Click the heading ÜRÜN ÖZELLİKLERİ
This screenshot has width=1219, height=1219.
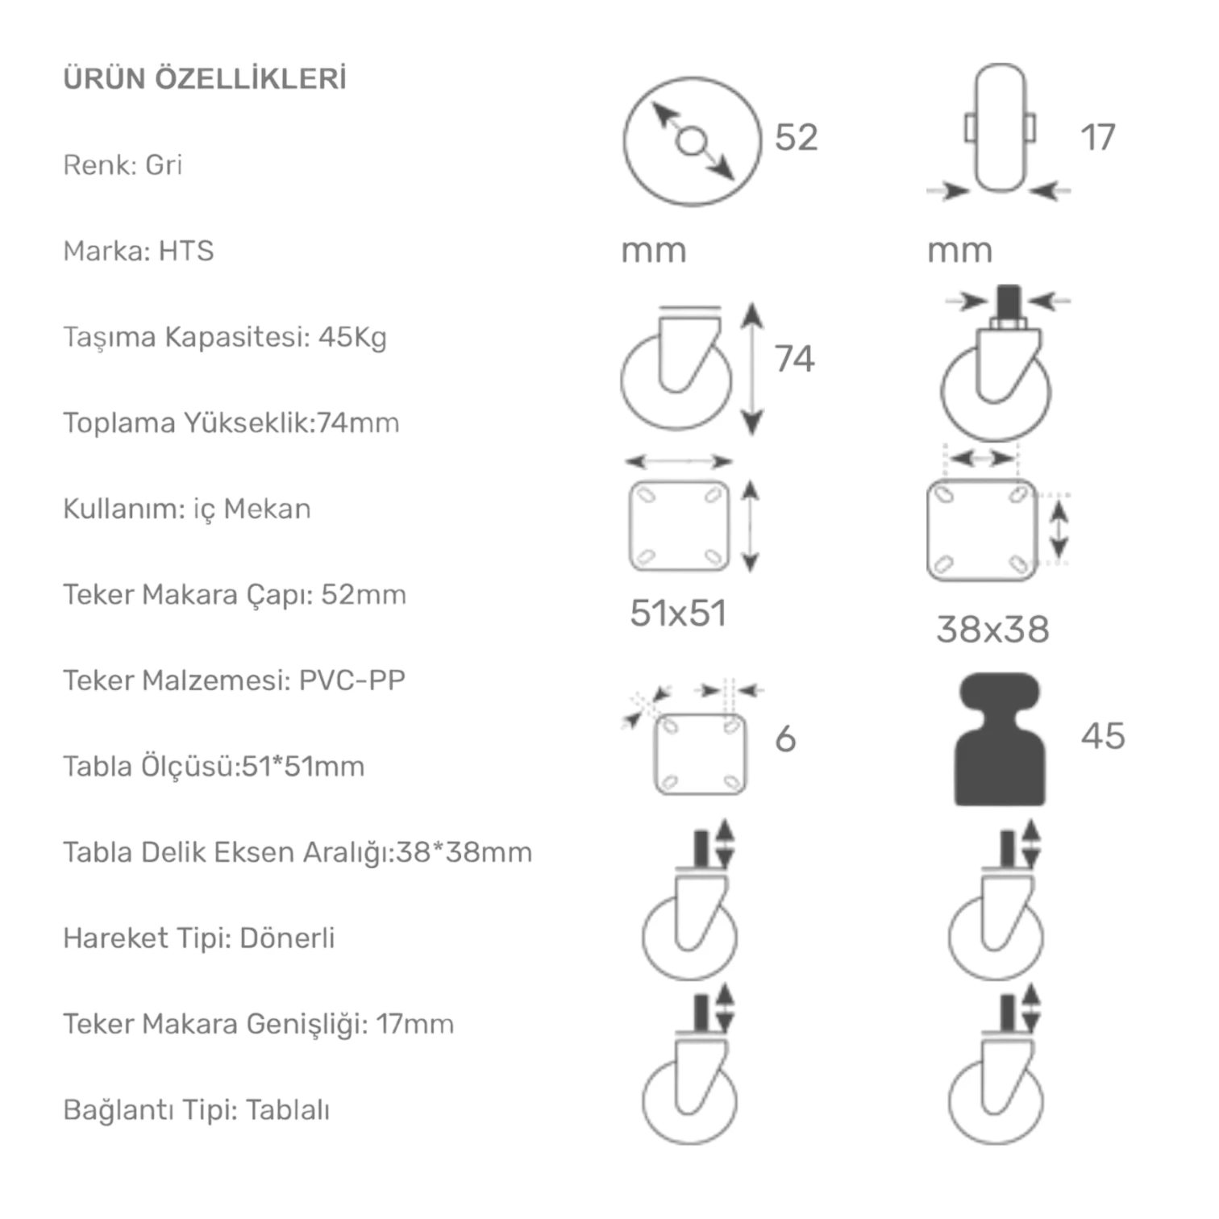click(205, 79)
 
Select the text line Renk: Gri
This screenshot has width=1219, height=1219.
click(123, 164)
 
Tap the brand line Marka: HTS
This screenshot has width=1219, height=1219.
click(139, 251)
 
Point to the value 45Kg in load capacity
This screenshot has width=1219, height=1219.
click(352, 336)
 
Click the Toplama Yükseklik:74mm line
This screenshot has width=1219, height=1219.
click(231, 422)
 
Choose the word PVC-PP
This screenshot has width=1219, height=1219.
click(352, 680)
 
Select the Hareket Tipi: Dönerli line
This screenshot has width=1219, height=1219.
click(198, 938)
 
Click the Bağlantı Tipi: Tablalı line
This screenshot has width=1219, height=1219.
click(196, 1109)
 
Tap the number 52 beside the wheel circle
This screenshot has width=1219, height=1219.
click(796, 137)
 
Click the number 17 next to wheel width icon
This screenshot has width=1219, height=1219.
click(1097, 137)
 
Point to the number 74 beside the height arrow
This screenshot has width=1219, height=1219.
click(794, 359)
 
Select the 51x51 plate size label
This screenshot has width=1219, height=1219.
click(678, 614)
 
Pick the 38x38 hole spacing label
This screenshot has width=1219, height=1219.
click(992, 630)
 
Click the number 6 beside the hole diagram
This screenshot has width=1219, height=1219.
click(785, 738)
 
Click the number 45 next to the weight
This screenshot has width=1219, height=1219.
click(1103, 736)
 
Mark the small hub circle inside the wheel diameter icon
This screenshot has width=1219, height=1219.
click(691, 142)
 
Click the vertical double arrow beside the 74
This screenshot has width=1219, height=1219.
click(751, 368)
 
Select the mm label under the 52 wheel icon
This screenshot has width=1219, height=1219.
click(653, 251)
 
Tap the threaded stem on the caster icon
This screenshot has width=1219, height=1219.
click(1007, 302)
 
